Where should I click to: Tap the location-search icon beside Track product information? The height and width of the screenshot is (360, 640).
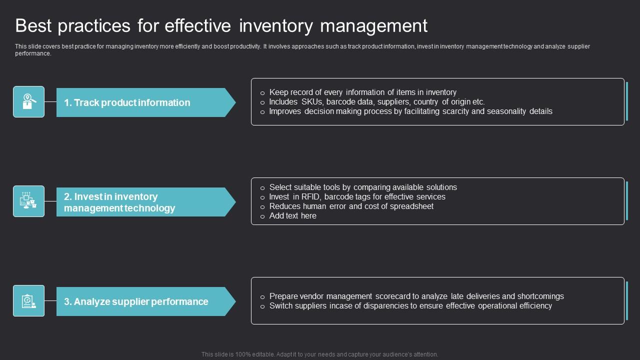click(28, 101)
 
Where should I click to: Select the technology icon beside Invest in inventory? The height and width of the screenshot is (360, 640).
click(28, 201)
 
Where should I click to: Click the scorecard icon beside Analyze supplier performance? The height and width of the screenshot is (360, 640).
click(28, 300)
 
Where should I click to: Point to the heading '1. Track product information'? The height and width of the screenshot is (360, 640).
click(127, 102)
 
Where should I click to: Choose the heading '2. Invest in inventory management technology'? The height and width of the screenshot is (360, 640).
click(119, 202)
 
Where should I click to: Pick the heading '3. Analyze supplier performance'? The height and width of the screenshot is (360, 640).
click(136, 301)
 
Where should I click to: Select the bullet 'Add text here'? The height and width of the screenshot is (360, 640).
click(292, 216)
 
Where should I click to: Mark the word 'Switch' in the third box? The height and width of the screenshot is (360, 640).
click(281, 306)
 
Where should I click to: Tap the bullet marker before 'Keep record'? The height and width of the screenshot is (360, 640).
click(262, 93)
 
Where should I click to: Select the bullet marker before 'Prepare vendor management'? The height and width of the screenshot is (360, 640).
click(262, 297)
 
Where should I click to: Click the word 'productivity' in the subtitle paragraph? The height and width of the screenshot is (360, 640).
click(243, 46)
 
